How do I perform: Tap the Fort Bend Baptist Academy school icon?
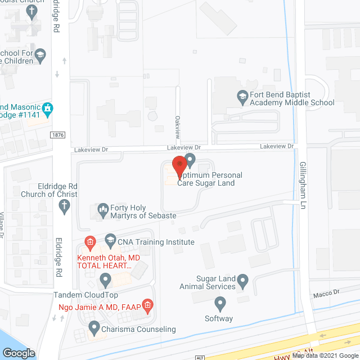click(x=242, y=96)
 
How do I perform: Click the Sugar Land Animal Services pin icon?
click(x=242, y=279)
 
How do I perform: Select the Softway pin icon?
click(x=220, y=305)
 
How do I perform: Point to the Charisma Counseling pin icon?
click(x=94, y=327)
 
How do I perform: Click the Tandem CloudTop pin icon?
click(x=105, y=279)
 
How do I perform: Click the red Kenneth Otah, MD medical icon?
click(x=89, y=242)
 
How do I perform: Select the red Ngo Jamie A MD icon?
click(x=147, y=306)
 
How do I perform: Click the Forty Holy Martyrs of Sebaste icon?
click(x=103, y=210)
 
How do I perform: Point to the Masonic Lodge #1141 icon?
click(x=48, y=107)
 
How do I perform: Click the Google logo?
click(x=19, y=353)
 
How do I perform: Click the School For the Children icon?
click(x=40, y=55)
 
